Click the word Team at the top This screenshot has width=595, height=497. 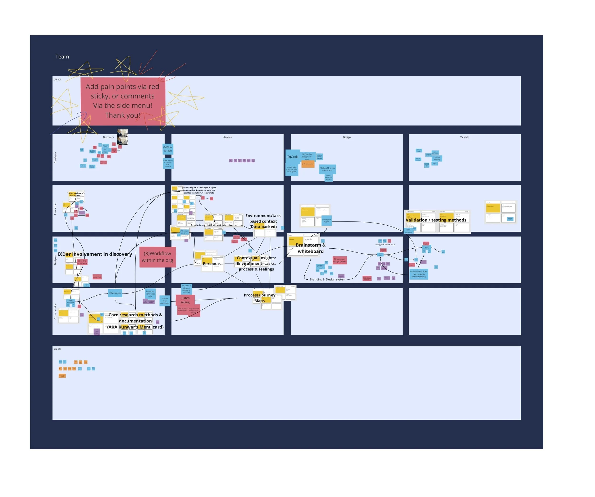(62, 57)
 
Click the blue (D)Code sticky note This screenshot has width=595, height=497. (293, 157)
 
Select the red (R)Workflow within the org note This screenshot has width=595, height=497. (157, 257)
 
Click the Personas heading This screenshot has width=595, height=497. (211, 264)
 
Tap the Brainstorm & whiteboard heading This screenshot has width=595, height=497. (311, 248)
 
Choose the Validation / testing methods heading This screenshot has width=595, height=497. (436, 220)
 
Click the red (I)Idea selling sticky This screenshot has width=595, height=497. (185, 300)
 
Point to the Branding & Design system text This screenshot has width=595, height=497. (327, 280)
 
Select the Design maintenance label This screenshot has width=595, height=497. (385, 245)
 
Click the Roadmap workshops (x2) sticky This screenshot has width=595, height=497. (150, 294)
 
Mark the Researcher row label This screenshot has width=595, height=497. (55, 209)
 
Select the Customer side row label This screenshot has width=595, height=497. (55, 312)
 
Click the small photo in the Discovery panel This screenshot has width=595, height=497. (123, 137)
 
